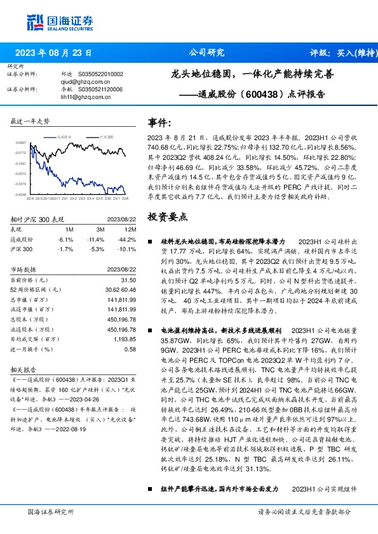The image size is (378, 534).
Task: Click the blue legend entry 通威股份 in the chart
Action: tap(64, 136)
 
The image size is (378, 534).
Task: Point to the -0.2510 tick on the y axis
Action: tap(20, 173)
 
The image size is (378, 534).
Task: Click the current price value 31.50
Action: tap(128, 280)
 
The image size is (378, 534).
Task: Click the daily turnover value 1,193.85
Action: tap(124, 340)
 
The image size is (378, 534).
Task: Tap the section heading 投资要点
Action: tap(168, 216)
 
